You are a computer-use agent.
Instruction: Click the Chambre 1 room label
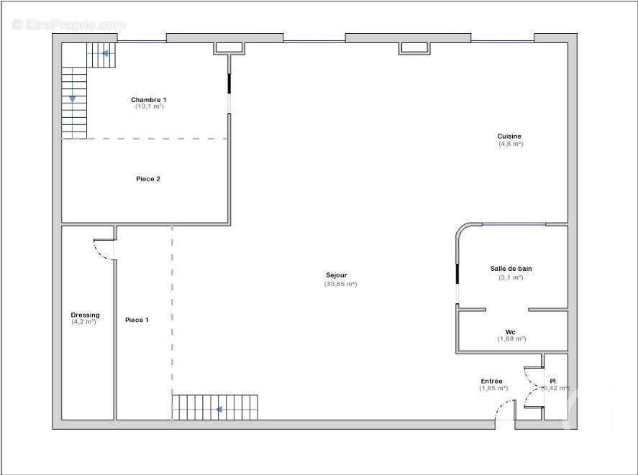[x=149, y=99]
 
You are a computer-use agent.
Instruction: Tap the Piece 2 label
[x=148, y=179]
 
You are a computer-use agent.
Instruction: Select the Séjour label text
[x=337, y=275]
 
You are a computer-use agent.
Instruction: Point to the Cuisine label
[x=509, y=136]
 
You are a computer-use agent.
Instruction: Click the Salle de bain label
[x=511, y=269]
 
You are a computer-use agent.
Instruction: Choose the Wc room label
[x=511, y=331]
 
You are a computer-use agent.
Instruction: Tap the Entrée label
[x=492, y=381]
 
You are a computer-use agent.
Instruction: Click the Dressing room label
[x=85, y=315]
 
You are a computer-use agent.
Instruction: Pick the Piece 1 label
[x=137, y=320]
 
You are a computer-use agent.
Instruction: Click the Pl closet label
[x=553, y=381]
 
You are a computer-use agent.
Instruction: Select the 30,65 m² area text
[x=341, y=284]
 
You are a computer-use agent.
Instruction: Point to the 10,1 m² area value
[x=150, y=106]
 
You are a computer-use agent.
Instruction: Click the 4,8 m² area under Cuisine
[x=511, y=144]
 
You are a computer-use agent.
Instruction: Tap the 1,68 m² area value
[x=511, y=338]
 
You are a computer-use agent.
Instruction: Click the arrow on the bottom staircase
[x=219, y=410]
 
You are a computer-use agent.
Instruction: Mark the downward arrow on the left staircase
[x=73, y=98]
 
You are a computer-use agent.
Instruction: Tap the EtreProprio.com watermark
[x=68, y=24]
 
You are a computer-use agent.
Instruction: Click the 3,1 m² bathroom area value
[x=511, y=277]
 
